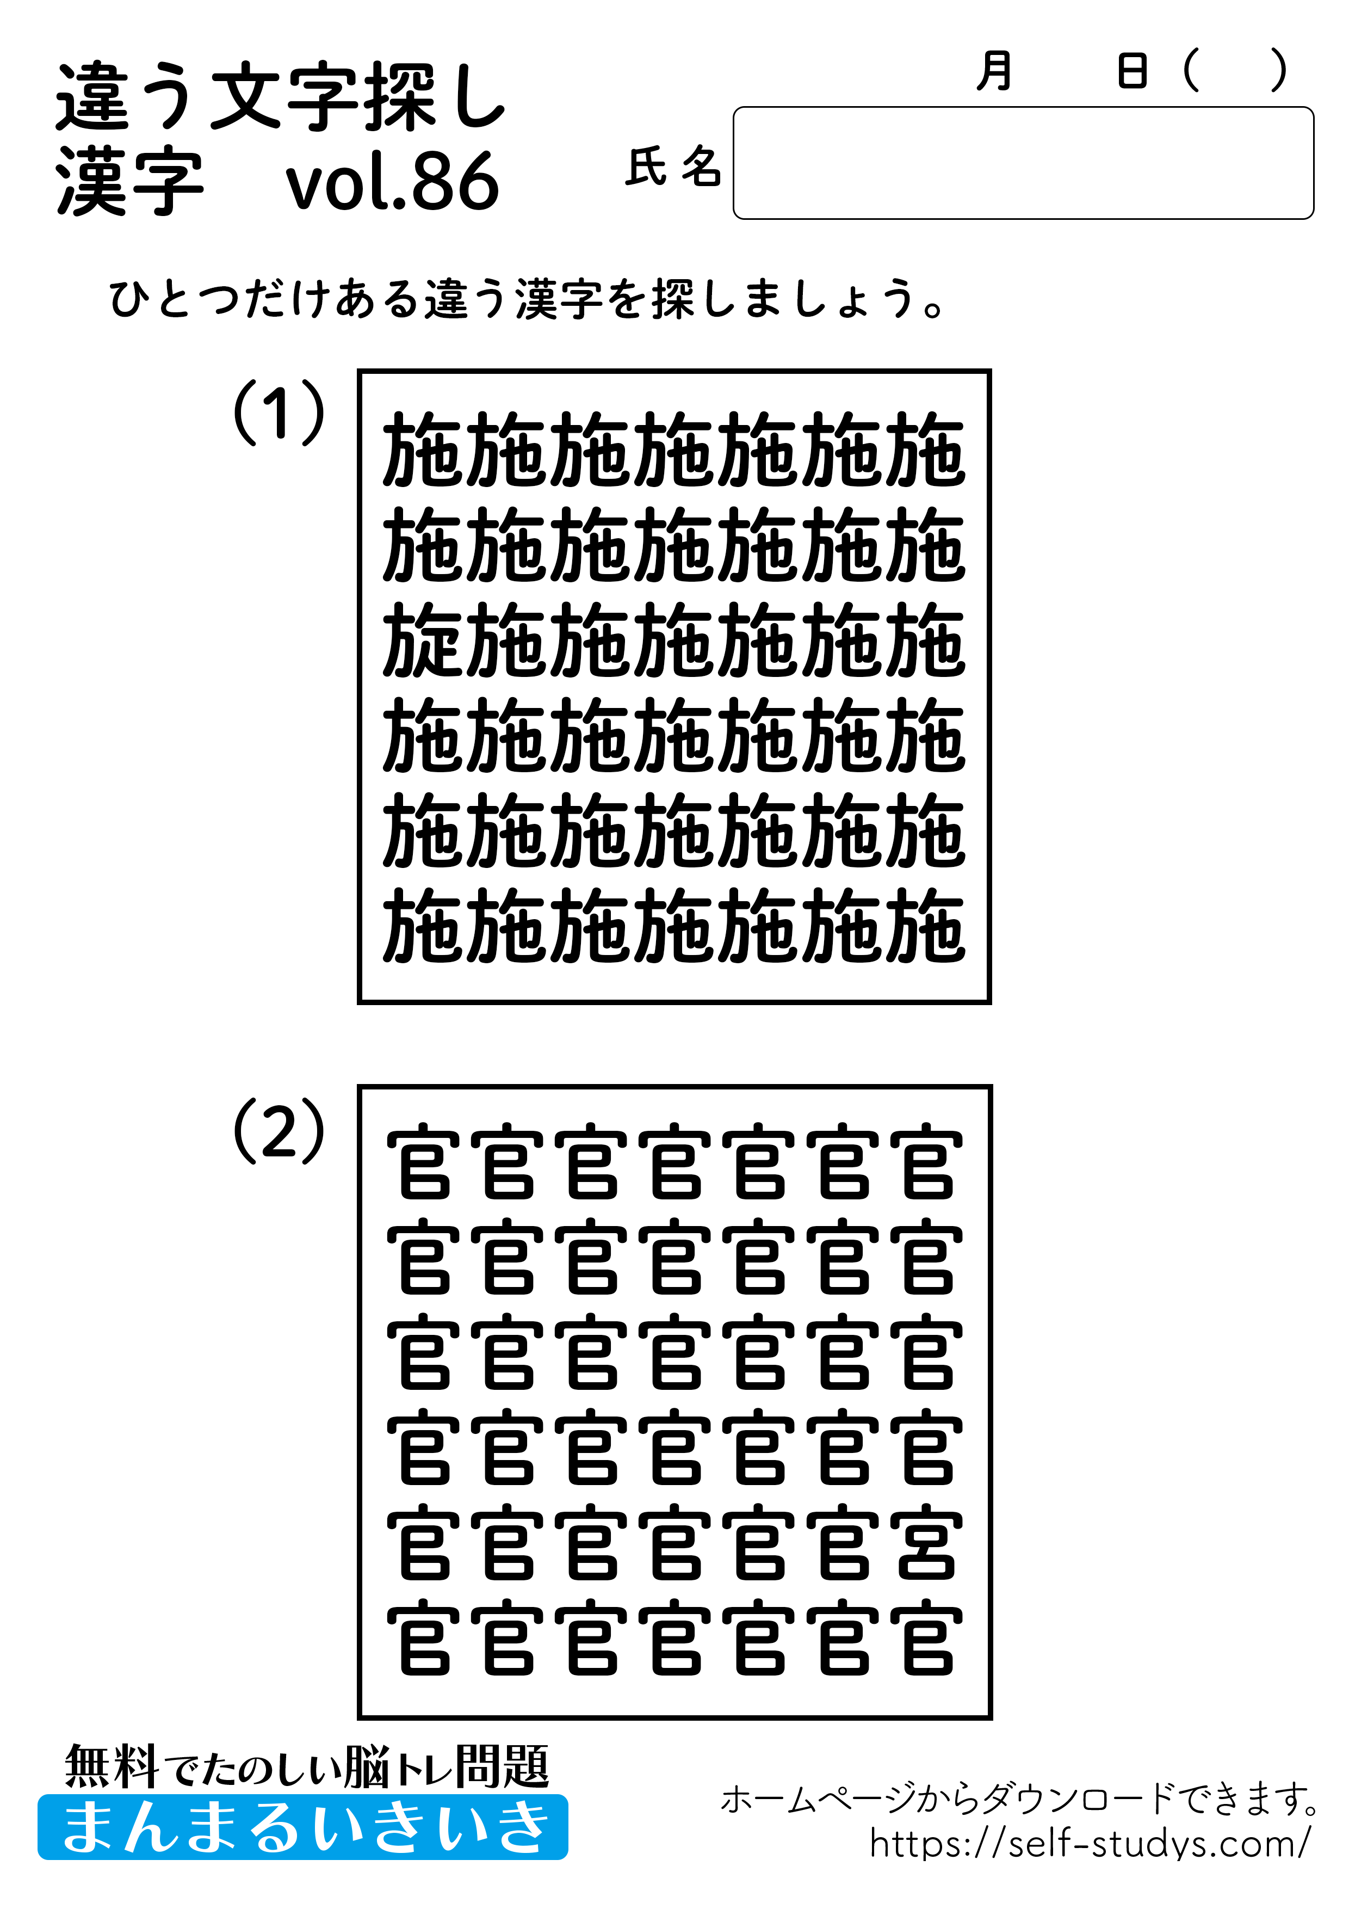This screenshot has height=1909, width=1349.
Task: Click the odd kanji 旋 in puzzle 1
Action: point(424,639)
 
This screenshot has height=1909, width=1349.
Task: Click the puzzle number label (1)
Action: point(279,413)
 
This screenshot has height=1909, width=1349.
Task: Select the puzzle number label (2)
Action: point(279,1131)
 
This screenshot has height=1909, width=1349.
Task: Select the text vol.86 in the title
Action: point(392,182)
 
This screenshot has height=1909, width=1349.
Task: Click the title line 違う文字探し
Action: point(281,98)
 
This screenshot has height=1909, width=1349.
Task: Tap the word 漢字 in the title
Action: point(129,182)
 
